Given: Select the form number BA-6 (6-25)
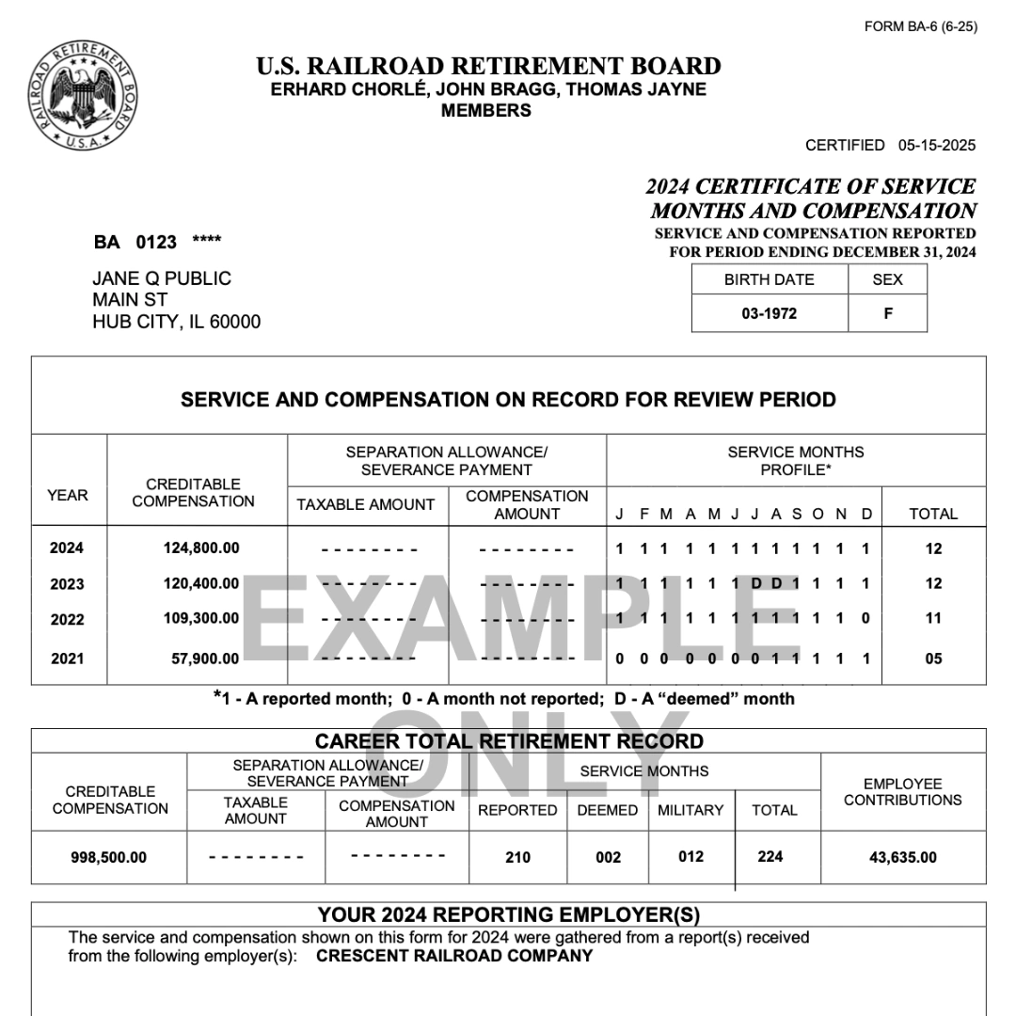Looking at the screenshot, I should click(x=920, y=26).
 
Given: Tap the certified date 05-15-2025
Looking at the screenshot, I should click(x=936, y=145).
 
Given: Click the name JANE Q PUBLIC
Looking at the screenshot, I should click(x=162, y=278).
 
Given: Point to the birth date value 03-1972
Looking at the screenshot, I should click(x=769, y=313).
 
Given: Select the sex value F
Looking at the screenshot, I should click(x=887, y=313).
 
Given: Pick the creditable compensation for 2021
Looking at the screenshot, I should click(x=205, y=659).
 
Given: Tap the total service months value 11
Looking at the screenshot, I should click(x=932, y=619).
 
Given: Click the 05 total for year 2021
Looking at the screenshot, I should click(x=932, y=659).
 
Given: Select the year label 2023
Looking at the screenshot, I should click(x=67, y=583).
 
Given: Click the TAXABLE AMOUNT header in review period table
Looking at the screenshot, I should click(x=366, y=505).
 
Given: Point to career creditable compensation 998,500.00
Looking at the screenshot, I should click(x=109, y=857).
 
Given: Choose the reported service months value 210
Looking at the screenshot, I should click(x=517, y=857).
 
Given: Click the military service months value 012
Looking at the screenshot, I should click(x=691, y=856).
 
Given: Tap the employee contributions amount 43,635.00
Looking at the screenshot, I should click(x=902, y=857).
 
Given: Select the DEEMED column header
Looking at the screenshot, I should click(x=607, y=810).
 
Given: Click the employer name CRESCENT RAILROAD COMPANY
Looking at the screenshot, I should click(x=454, y=956).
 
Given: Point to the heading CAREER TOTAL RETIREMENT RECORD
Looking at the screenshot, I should click(x=509, y=741).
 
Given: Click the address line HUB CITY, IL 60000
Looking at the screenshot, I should click(x=176, y=322).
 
